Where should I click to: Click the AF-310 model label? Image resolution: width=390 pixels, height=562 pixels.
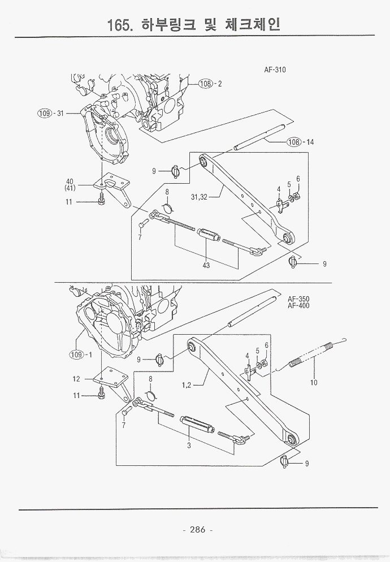click(275, 71)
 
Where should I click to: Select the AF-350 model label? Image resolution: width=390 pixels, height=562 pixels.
click(298, 299)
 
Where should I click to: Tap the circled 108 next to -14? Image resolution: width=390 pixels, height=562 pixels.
click(293, 142)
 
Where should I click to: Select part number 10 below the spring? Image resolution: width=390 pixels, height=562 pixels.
click(314, 382)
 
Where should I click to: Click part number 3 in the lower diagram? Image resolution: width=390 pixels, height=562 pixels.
click(189, 446)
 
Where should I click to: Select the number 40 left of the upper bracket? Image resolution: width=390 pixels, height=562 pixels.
click(70, 181)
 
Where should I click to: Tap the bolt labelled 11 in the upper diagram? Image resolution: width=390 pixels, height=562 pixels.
click(101, 201)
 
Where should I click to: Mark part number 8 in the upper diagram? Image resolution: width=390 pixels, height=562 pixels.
click(167, 192)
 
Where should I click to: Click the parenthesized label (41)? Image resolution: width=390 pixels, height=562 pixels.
click(70, 188)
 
